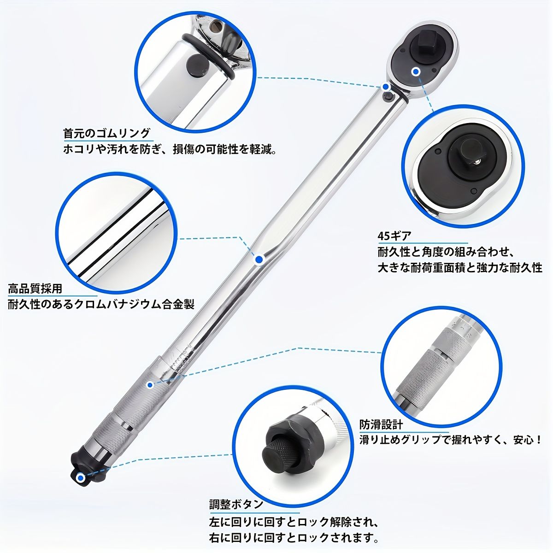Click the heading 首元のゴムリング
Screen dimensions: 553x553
coord(107,133)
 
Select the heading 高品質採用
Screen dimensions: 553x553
coord(35,288)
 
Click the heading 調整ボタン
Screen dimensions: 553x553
coord(236,505)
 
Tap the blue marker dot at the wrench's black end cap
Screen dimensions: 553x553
coord(81,478)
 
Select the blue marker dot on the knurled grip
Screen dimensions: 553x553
coord(149,385)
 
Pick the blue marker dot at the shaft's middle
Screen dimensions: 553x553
coord(259,259)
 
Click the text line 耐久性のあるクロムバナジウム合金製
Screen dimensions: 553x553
coord(101,304)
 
